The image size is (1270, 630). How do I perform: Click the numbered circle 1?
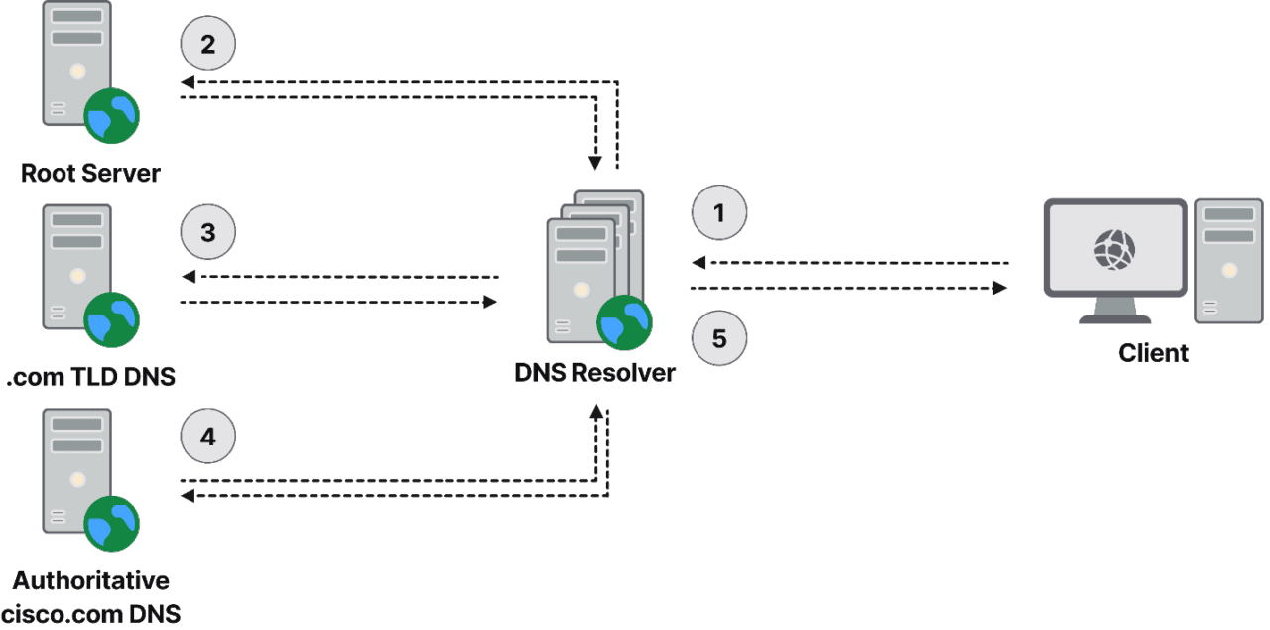(718, 213)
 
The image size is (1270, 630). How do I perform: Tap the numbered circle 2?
(207, 45)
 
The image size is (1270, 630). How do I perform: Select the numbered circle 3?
(207, 233)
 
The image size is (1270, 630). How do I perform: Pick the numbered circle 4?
(207, 437)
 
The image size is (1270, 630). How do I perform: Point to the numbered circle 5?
(718, 338)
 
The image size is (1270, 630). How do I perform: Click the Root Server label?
(90, 174)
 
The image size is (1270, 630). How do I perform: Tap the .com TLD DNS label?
(90, 377)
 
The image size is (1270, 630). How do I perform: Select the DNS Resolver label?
(594, 373)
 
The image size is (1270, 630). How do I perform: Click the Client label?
(1152, 353)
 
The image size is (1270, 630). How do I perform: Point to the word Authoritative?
(90, 580)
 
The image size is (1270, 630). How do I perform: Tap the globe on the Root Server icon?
(112, 115)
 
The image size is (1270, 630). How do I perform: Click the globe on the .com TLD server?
(112, 319)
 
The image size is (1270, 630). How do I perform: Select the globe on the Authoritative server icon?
(112, 523)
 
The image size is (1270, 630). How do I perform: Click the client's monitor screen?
(1114, 249)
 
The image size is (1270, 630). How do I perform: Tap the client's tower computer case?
(1228, 260)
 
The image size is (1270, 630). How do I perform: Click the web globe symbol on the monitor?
(1114, 249)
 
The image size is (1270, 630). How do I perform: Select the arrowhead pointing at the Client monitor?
(1000, 288)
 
